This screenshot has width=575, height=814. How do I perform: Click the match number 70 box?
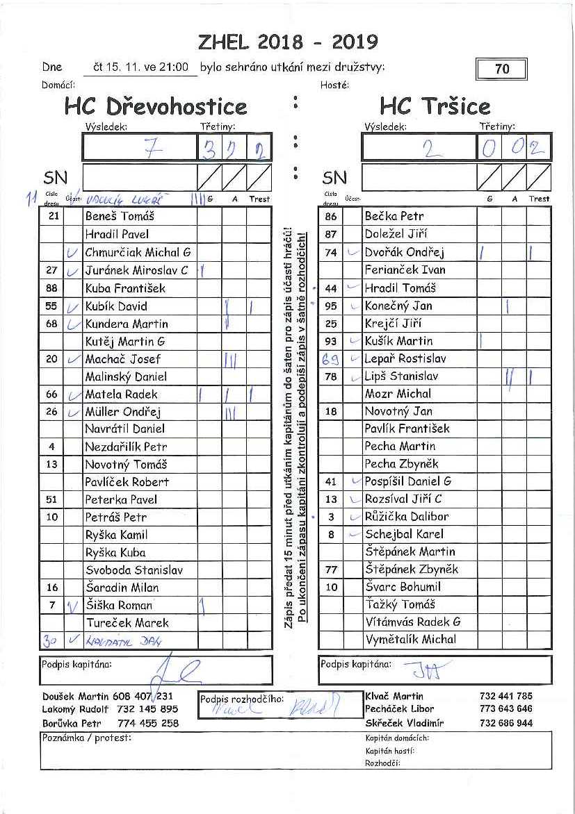pos(501,69)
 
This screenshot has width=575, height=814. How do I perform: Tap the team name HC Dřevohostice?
pos(156,107)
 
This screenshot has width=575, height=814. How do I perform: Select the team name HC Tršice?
pos(435,107)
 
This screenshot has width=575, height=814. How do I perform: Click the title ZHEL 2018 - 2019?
pos(288,42)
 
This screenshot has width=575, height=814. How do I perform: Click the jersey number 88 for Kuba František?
pos(51,288)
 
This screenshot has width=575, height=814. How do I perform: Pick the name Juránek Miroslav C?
pos(136,270)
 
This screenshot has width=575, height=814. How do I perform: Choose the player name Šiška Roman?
pos(118,605)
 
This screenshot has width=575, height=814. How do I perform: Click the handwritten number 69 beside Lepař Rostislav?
pos(330,359)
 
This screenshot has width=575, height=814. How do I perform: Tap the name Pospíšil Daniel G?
pos(408,481)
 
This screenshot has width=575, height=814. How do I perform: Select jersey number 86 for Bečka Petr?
pos(331,217)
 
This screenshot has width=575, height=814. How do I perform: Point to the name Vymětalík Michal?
pos(410,640)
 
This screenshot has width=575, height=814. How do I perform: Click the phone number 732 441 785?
pos(505,696)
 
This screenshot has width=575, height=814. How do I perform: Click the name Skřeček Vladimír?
pos(404,723)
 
